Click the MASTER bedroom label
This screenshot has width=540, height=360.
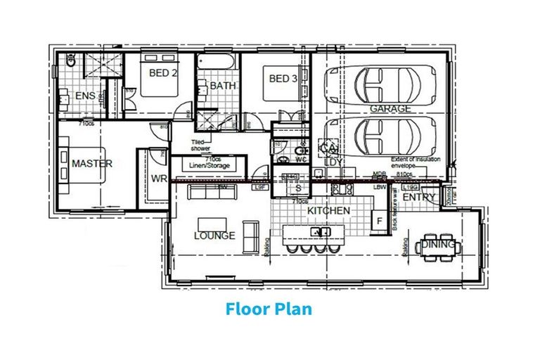tap(92, 163)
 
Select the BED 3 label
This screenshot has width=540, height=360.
tap(283, 79)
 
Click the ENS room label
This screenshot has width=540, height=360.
tap(86, 96)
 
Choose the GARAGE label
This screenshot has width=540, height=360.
tap(391, 109)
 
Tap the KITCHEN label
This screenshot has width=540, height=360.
tap(328, 210)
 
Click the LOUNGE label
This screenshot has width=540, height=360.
tap(214, 236)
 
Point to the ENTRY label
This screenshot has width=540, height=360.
tap(420, 198)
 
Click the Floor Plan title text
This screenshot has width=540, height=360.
tap(269, 309)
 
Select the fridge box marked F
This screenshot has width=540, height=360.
tap(380, 221)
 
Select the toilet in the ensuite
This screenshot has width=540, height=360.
tap(70, 61)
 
